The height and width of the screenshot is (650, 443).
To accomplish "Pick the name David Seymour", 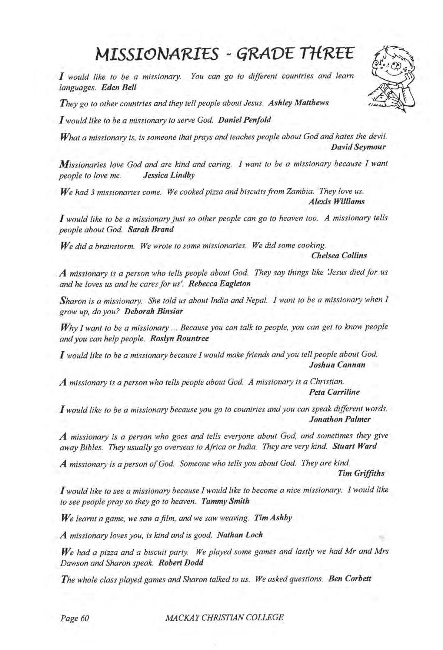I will point(358,147).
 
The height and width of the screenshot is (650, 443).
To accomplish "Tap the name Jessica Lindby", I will point(169,175).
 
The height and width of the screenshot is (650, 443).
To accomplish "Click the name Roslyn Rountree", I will point(179,338).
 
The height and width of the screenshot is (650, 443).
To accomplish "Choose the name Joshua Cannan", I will point(337,365).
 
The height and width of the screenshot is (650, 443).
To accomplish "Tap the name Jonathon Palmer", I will point(339,419).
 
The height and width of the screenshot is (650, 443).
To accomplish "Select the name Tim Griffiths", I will point(361,473).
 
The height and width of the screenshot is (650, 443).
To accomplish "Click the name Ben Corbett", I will point(350,578).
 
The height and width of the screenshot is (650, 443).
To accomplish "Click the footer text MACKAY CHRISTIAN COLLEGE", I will point(225,617).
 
